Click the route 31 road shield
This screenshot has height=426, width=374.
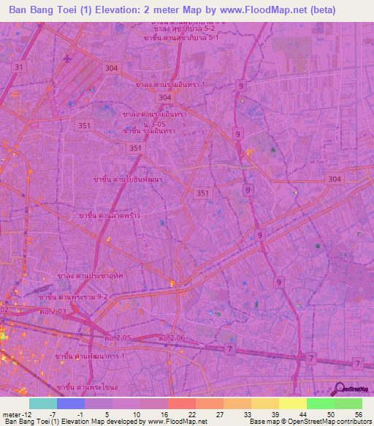tap(19, 67)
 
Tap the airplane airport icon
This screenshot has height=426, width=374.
tap(68, 58)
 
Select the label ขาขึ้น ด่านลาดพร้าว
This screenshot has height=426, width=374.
tap(109, 217)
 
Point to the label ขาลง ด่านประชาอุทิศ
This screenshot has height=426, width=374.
tap(91, 276)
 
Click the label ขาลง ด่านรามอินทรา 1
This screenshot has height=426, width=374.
tap(170, 85)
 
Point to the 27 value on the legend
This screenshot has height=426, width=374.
tap(199, 414)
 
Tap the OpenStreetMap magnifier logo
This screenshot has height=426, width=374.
tap(340, 389)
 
